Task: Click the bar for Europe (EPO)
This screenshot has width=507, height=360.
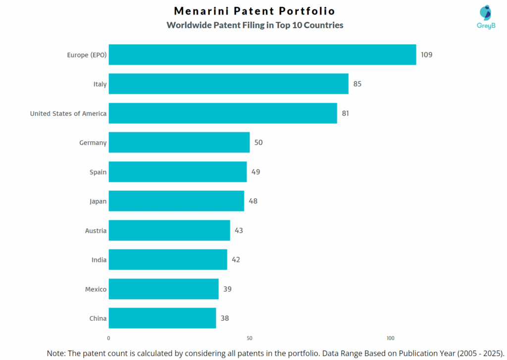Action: pyautogui.click(x=262, y=54)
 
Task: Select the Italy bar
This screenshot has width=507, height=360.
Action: pyautogui.click(x=228, y=84)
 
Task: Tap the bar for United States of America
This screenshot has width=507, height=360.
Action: pyautogui.click(x=223, y=113)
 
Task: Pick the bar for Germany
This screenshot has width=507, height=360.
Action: pyautogui.click(x=179, y=143)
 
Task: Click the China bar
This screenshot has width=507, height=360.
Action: pyautogui.click(x=162, y=318)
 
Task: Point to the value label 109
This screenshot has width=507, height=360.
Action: pyautogui.click(x=426, y=54)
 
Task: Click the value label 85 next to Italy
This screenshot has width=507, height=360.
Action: pyautogui.click(x=357, y=84)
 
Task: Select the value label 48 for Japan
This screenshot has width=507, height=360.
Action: pyautogui.click(x=253, y=201)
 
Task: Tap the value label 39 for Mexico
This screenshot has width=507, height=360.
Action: pyautogui.click(x=227, y=289)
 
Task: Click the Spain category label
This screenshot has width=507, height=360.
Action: pyautogui.click(x=98, y=172)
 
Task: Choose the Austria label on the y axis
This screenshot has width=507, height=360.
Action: pyautogui.click(x=96, y=230)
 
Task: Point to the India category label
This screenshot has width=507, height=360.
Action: pyautogui.click(x=99, y=259)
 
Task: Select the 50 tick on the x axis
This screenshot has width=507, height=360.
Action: pyautogui.click(x=250, y=338)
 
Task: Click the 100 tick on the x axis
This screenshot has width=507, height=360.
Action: pyautogui.click(x=390, y=338)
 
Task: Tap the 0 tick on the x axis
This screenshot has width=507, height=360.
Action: pyautogui.click(x=109, y=338)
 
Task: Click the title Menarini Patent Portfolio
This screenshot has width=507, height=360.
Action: pyautogui.click(x=254, y=11)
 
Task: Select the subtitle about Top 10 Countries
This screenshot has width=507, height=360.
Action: pyautogui.click(x=254, y=25)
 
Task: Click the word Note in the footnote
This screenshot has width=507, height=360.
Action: pyautogui.click(x=56, y=353)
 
